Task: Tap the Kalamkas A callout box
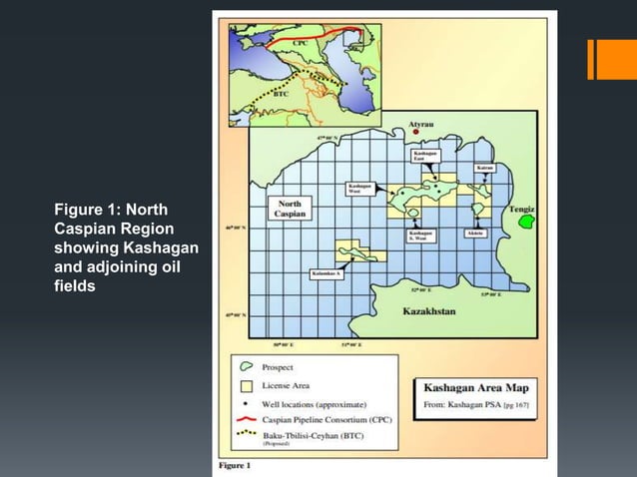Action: point(326,272)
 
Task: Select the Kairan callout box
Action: point(485,168)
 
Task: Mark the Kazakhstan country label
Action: point(428,311)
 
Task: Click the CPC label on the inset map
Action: point(301,43)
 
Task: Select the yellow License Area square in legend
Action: point(244,384)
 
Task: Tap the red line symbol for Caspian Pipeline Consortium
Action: point(244,420)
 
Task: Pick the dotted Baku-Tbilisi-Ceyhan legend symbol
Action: point(244,436)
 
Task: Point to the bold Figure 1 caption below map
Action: point(236,464)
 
